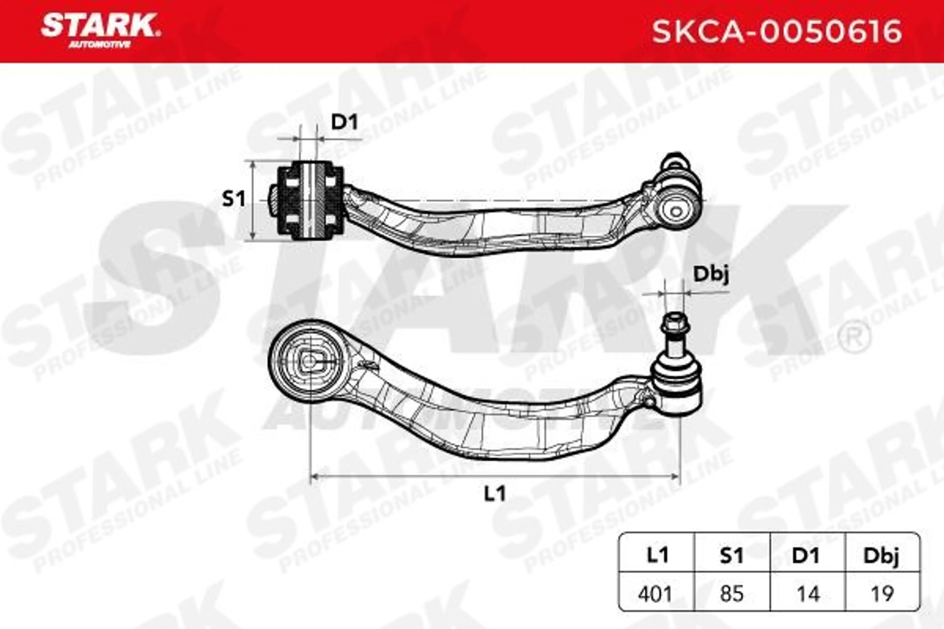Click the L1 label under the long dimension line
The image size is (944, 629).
point(494,494)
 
